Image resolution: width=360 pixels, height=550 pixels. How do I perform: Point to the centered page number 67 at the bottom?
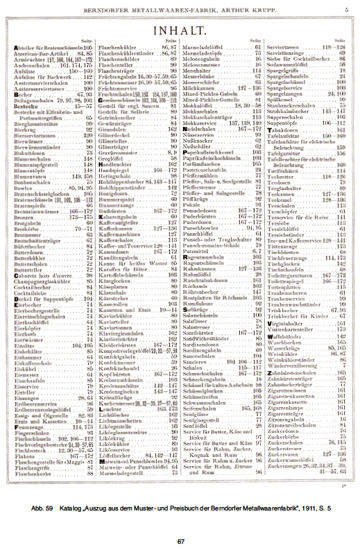(180, 541)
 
